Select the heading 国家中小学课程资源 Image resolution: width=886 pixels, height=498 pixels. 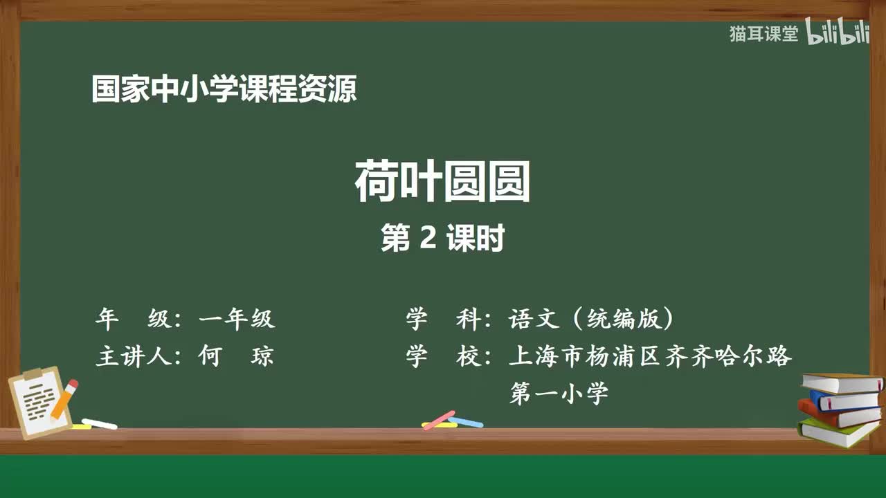click(x=224, y=90)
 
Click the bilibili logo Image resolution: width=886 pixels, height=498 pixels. click(x=838, y=34)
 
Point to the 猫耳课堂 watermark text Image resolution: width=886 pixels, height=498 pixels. click(x=763, y=34)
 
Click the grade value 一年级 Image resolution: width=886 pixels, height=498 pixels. click(x=237, y=319)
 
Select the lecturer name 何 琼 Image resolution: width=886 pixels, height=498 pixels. click(x=236, y=356)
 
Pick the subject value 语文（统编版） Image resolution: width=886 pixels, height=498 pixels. click(x=592, y=319)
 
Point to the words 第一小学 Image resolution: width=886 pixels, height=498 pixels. click(x=559, y=393)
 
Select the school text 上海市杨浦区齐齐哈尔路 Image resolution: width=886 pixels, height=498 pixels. click(x=650, y=356)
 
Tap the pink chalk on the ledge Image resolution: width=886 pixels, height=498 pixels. click(x=438, y=420)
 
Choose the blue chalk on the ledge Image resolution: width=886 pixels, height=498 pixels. click(x=466, y=421)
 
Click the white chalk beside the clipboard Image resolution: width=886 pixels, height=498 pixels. click(x=99, y=423)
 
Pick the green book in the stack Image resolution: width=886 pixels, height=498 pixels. click(x=838, y=432)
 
